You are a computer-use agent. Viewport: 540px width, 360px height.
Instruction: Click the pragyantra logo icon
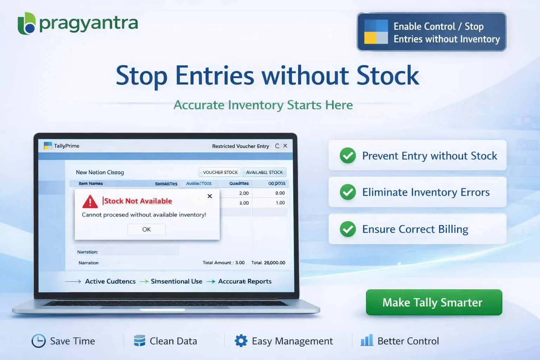(27, 24)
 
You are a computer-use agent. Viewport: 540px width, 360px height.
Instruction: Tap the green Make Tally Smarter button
(433, 302)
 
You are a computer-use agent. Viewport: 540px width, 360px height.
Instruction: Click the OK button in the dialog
(146, 229)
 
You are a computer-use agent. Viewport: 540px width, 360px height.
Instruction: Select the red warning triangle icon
(90, 201)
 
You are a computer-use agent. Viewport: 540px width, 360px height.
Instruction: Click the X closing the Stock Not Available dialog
(210, 196)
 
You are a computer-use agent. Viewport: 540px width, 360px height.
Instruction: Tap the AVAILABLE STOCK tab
(264, 172)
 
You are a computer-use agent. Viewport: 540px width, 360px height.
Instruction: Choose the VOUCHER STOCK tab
(220, 172)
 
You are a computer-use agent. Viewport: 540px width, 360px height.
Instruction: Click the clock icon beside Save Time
(39, 341)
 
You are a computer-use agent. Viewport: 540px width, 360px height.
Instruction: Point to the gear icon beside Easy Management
(241, 341)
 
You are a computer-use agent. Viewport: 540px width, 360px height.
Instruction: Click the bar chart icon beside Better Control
(367, 340)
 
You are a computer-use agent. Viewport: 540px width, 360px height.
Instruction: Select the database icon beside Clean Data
(140, 341)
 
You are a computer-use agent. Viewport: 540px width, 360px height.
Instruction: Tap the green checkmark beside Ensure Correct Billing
(348, 229)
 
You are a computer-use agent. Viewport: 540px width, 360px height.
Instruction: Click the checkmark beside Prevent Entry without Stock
(348, 156)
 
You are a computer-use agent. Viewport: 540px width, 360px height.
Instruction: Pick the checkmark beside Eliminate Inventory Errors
(348, 192)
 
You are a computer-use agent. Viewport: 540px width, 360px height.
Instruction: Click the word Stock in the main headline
(387, 76)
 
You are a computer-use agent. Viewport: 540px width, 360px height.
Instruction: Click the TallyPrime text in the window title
(66, 146)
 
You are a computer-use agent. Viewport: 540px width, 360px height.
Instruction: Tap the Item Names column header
(91, 184)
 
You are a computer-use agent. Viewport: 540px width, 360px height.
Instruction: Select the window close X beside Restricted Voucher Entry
(285, 146)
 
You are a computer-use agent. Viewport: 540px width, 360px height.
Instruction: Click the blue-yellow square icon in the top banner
(376, 32)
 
